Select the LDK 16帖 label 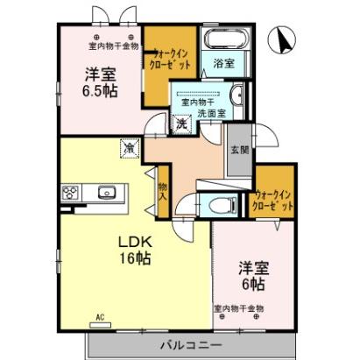tap(133, 251)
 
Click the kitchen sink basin tap(108, 192)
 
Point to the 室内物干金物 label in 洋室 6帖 tap(238, 309)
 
